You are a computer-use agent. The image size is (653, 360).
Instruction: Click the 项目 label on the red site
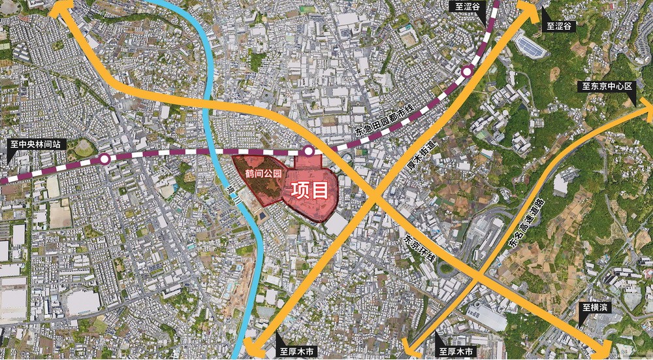point(309,190)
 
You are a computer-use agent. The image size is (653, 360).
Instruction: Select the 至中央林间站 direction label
point(37,145)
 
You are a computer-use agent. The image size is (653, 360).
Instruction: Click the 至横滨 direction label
point(596,307)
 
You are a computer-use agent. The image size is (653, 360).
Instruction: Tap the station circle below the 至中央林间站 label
point(104,159)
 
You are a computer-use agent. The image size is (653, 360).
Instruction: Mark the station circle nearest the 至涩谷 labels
point(468,73)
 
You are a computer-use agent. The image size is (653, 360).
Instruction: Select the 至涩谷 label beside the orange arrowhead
point(559,27)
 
